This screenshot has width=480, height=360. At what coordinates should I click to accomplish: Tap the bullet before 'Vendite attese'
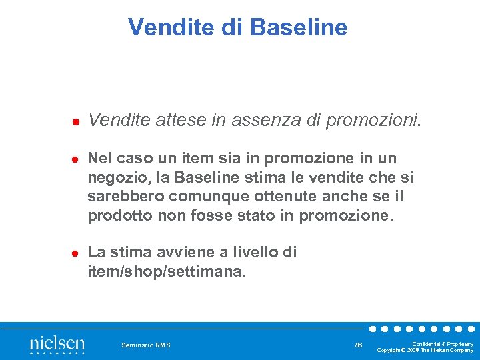click(76, 122)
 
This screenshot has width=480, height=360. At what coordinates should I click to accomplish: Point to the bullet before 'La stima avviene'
click(76, 254)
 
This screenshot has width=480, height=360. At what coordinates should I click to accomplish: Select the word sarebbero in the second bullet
click(126, 197)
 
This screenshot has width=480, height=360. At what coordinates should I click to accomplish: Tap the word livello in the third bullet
click(251, 253)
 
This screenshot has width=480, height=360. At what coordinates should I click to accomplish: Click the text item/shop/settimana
click(167, 271)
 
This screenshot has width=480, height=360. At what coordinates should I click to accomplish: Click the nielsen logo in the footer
click(57, 344)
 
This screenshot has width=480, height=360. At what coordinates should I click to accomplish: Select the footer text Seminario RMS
click(146, 345)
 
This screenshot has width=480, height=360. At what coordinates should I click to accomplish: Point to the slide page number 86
click(359, 345)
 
